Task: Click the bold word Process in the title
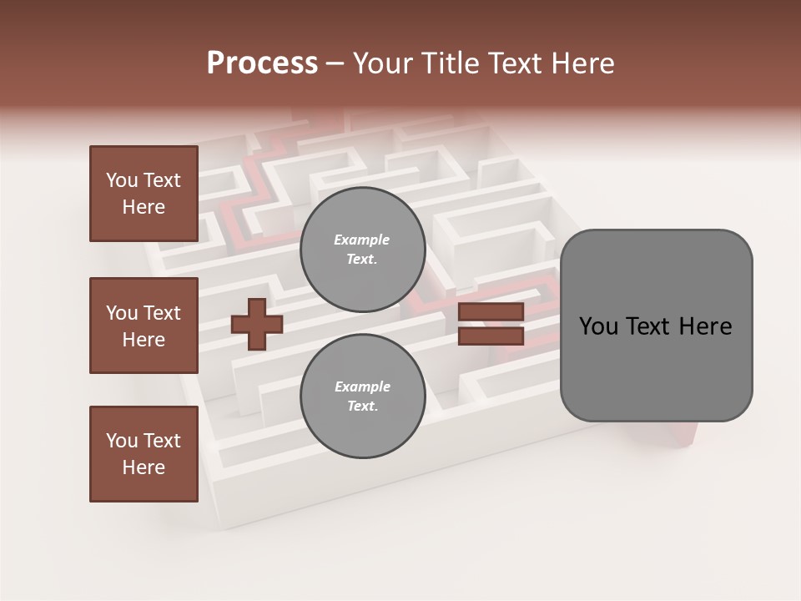click(262, 63)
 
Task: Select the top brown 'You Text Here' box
click(144, 194)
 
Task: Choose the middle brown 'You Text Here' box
click(144, 326)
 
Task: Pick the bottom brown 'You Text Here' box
click(144, 454)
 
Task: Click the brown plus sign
click(257, 325)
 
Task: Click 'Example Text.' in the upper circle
click(362, 250)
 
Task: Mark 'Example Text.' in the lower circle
click(362, 396)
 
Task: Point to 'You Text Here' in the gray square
click(655, 326)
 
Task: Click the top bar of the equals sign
click(491, 312)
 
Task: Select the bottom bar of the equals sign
click(491, 336)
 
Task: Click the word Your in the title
click(382, 63)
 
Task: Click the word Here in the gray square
click(705, 326)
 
